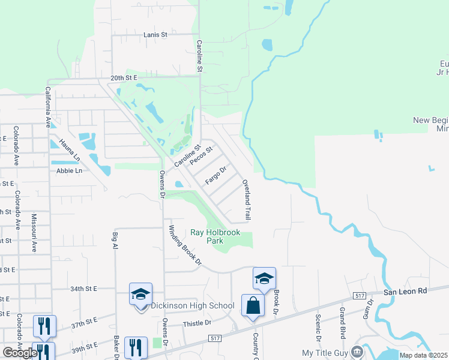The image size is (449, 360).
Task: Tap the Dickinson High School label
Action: pos(192,305)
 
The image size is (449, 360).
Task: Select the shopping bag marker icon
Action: pos(253,305)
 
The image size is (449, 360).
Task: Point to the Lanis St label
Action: pos(155,35)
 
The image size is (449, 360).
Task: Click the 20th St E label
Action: pos(124,78)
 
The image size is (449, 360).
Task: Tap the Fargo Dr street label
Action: pos(215,175)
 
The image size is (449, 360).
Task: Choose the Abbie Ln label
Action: pos(69,170)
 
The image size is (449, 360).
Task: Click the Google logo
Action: pos(20,353)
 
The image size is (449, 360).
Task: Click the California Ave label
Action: pos(47,107)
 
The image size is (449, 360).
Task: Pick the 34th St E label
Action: pos(83,289)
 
